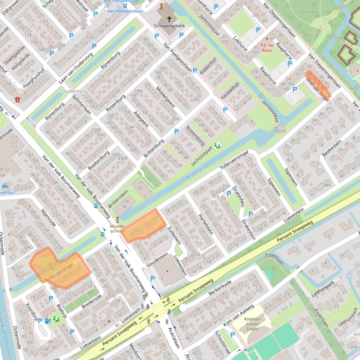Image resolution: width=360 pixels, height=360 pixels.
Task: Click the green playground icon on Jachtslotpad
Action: [x=217, y=145]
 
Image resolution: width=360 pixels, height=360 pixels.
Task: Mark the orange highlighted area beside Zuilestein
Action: [x=145, y=225]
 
